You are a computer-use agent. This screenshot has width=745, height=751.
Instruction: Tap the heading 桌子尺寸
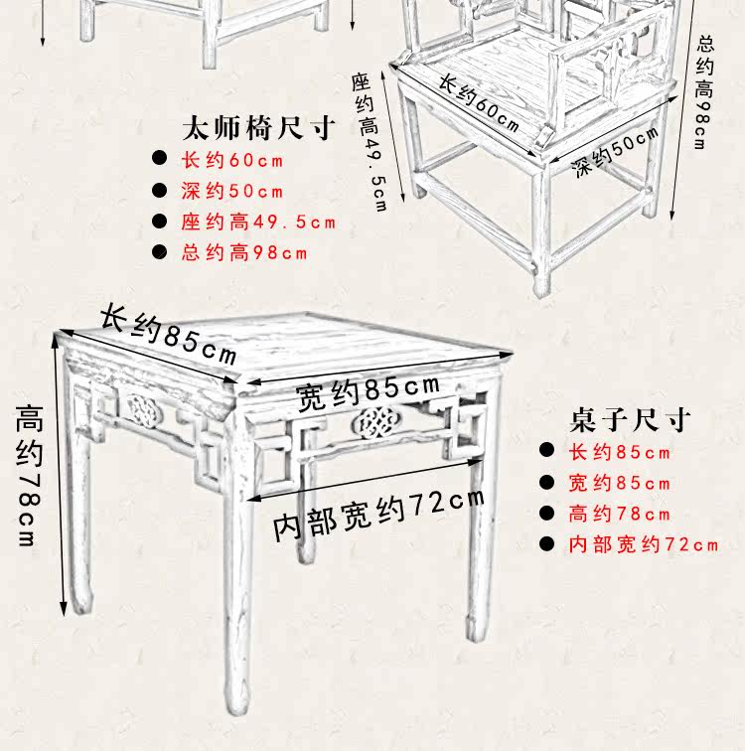pos(630,419)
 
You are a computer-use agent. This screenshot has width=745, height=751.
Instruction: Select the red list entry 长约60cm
pos(231,160)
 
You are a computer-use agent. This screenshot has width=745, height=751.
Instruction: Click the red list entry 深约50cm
pos(231,191)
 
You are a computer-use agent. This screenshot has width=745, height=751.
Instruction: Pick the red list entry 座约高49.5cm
pos(257,222)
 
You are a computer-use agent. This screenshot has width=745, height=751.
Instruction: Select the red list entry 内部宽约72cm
pos(643,544)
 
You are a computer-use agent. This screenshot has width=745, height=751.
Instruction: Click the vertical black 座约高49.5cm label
pos(369,140)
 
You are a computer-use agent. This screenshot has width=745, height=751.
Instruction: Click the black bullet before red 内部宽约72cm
pos(546,544)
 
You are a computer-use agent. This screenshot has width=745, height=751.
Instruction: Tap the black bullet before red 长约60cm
pos(160,160)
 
